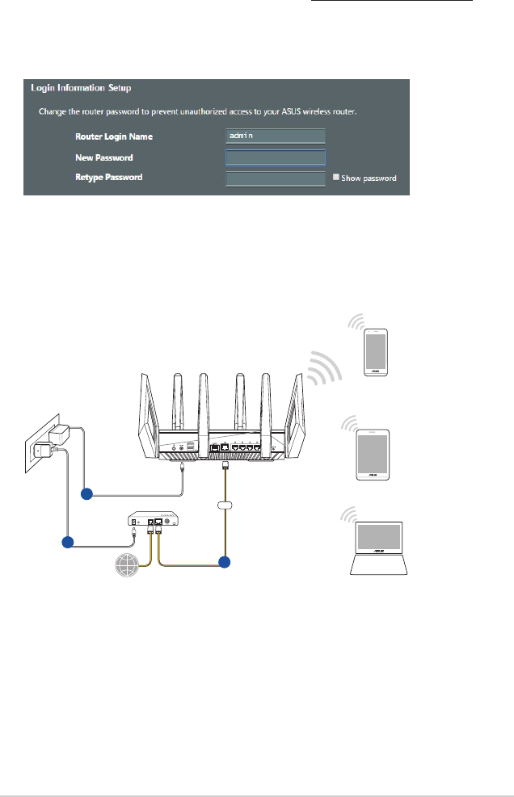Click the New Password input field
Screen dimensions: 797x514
tap(276, 157)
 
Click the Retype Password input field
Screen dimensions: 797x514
tap(276, 178)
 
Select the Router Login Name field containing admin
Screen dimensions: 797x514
tap(276, 136)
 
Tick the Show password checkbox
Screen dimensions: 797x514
tap(335, 178)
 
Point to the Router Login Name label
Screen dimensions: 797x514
tap(114, 137)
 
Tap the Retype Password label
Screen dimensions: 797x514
tap(109, 177)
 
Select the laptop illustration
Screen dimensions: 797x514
tap(379, 549)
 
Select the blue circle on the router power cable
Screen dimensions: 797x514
tap(86, 493)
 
